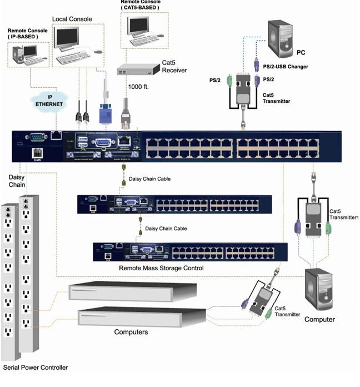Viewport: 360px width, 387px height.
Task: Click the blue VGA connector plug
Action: tap(106, 114)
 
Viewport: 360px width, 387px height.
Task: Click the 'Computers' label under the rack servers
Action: tap(131, 332)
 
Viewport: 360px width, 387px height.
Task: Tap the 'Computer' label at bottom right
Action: tap(319, 319)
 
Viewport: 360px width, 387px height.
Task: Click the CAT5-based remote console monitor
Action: tap(139, 24)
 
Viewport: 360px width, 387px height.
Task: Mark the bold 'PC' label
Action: tap(316, 53)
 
